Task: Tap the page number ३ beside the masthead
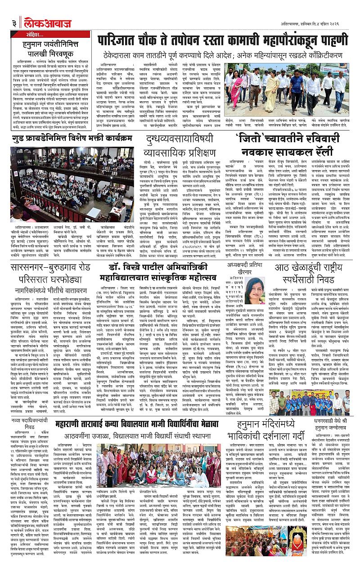pyautogui.click(x=14, y=9)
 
